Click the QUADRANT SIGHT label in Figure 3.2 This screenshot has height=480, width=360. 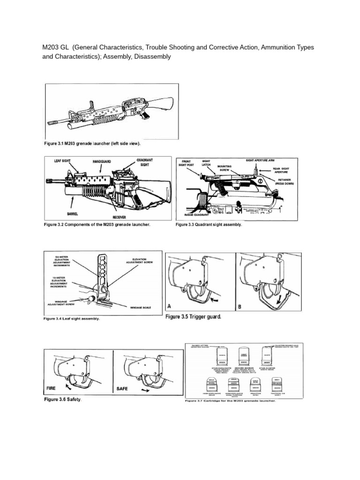(x=145, y=162)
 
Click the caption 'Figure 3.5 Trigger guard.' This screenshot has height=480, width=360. (x=193, y=317)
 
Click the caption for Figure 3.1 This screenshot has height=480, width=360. (x=92, y=143)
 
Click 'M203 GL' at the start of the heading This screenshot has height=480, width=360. (x=55, y=48)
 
